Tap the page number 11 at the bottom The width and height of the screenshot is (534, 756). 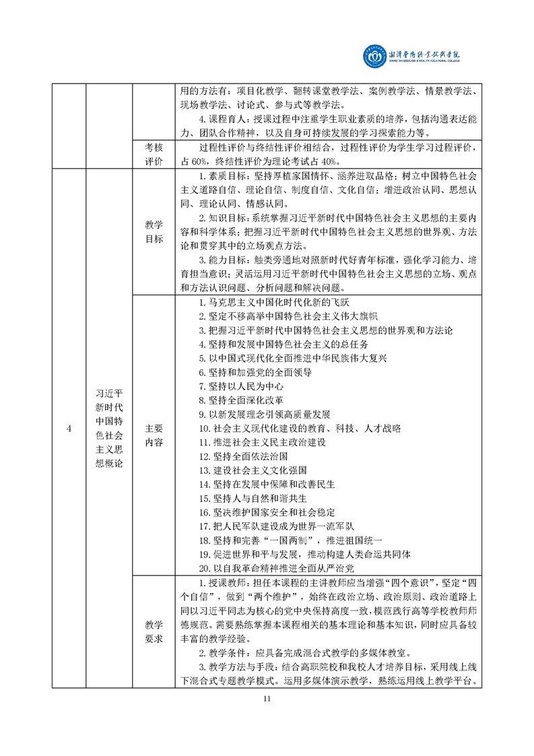pyautogui.click(x=267, y=698)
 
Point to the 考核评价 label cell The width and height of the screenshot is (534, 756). pyautogui.click(x=154, y=154)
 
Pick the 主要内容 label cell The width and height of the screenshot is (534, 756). pyautogui.click(x=154, y=435)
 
